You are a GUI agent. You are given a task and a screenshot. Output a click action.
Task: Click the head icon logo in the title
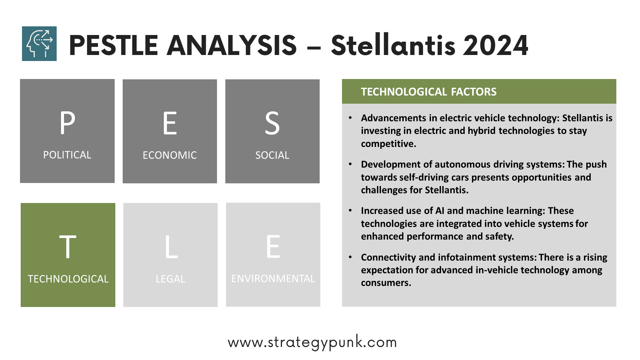(39, 44)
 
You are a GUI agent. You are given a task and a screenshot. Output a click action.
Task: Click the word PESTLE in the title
(113, 45)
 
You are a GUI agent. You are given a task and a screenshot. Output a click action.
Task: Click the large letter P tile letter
(67, 123)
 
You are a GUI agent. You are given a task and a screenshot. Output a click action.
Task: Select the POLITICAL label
(67, 155)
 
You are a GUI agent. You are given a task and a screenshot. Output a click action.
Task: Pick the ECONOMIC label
(170, 155)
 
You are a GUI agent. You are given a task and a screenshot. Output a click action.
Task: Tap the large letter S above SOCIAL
(272, 123)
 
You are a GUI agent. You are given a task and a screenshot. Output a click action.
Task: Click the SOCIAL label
(272, 155)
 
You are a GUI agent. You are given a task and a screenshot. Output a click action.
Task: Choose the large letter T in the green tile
(68, 247)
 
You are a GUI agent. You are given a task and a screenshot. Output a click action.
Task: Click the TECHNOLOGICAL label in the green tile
(68, 279)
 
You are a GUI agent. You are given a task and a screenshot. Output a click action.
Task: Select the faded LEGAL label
(170, 279)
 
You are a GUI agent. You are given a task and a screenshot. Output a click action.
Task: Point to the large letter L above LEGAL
(171, 247)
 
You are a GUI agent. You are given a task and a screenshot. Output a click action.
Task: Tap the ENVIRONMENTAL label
(273, 279)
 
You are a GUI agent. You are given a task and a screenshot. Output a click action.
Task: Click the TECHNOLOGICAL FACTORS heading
(429, 92)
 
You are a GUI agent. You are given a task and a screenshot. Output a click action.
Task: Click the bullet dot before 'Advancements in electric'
(350, 118)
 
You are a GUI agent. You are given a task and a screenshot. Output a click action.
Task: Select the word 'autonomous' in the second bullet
(463, 165)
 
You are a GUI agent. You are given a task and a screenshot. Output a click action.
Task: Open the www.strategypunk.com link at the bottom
(312, 342)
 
